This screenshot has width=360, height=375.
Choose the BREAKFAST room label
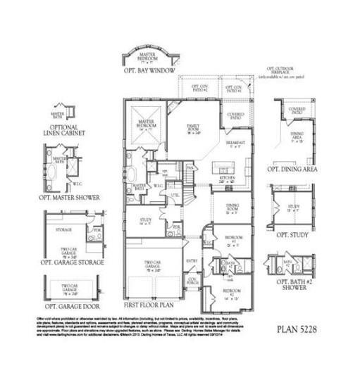(234, 144)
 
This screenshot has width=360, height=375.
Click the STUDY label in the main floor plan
(146, 221)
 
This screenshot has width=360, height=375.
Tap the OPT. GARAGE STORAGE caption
(73, 262)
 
